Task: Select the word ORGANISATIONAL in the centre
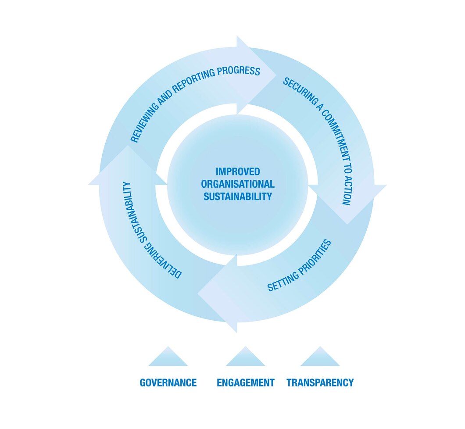[x=237, y=184]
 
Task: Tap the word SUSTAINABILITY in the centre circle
[x=237, y=196]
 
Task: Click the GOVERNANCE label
[x=168, y=383]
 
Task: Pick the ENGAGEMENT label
[x=245, y=383]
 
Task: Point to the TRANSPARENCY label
[x=320, y=383]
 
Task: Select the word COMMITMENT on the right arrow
[x=336, y=140]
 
